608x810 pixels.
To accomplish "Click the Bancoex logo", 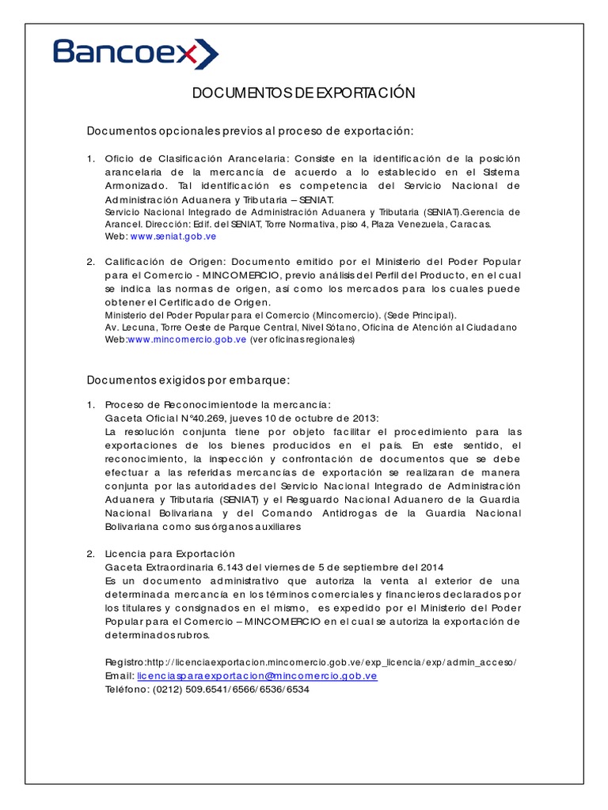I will [135, 53].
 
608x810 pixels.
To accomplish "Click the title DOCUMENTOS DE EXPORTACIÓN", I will [304, 93].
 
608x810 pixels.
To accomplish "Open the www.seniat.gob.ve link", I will [173, 237].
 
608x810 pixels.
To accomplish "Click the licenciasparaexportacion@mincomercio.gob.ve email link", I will [257, 676].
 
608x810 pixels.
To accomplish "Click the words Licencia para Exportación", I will [169, 554].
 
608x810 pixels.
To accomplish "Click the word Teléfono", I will [127, 689].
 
